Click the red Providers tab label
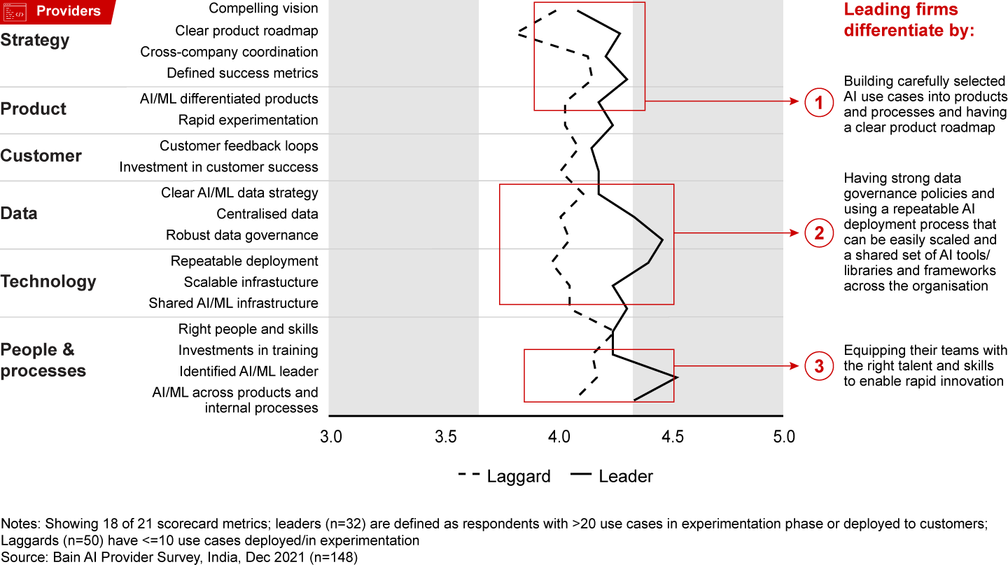[x=68, y=11]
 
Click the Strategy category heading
[x=35, y=40]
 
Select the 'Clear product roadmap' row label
[x=246, y=31]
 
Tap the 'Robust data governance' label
[x=241, y=235]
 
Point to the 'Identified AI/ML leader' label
[x=248, y=371]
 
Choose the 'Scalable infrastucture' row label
[x=251, y=282]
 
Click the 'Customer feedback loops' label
[x=239, y=146]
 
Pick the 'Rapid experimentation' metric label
[x=248, y=120]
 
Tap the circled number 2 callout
[x=818, y=232]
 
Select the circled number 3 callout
[x=818, y=365]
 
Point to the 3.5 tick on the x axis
[x=445, y=437]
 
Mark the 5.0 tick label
[x=784, y=437]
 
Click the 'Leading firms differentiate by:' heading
[x=909, y=20]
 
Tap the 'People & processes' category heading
[x=43, y=360]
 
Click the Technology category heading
[x=48, y=281]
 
